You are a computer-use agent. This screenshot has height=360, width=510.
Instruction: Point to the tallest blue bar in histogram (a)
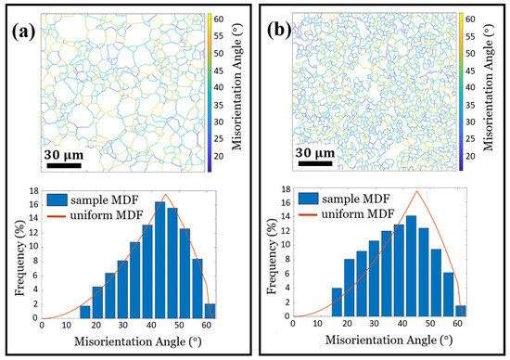tap(159, 260)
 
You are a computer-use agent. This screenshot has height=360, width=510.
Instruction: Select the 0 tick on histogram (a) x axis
tap(43, 328)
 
